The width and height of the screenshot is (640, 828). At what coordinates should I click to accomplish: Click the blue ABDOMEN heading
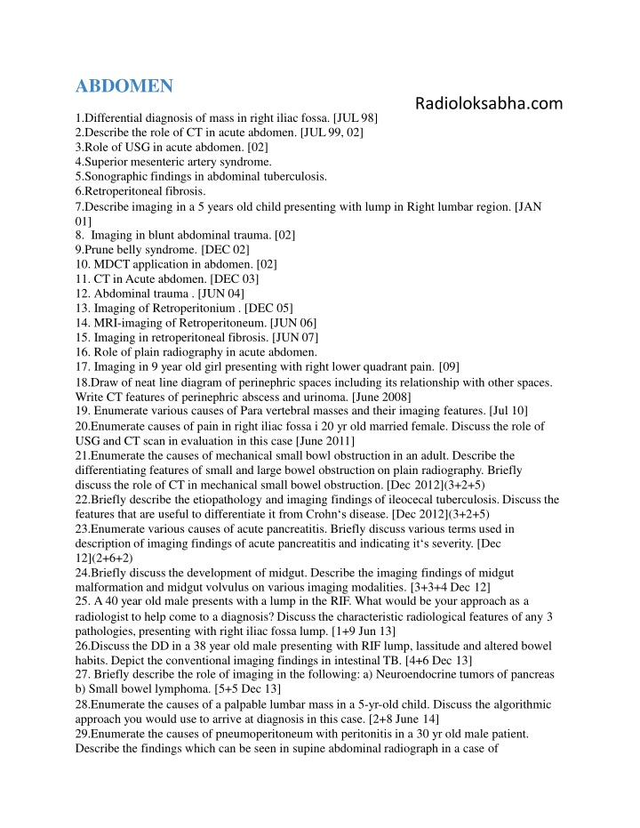[x=124, y=86]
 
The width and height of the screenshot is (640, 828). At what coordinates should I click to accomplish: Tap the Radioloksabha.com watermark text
[x=489, y=104]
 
